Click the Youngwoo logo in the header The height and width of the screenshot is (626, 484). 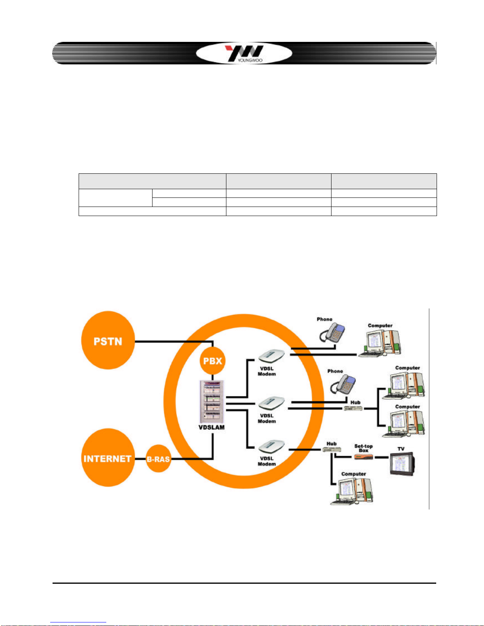point(244,53)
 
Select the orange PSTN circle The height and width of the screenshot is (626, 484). point(107,340)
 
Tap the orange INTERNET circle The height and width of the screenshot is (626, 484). point(107,458)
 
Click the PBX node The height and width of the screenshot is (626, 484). point(213,361)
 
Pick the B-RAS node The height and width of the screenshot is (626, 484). point(158,459)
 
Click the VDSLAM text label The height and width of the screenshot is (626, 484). point(211,427)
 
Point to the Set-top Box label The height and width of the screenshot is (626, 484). point(363,448)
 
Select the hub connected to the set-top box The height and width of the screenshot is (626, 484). point(331,449)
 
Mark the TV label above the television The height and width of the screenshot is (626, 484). point(401,449)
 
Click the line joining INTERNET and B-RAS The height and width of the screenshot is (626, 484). point(140,459)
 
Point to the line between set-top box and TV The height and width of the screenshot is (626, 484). point(381,457)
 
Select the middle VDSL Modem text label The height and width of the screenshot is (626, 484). point(267,418)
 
